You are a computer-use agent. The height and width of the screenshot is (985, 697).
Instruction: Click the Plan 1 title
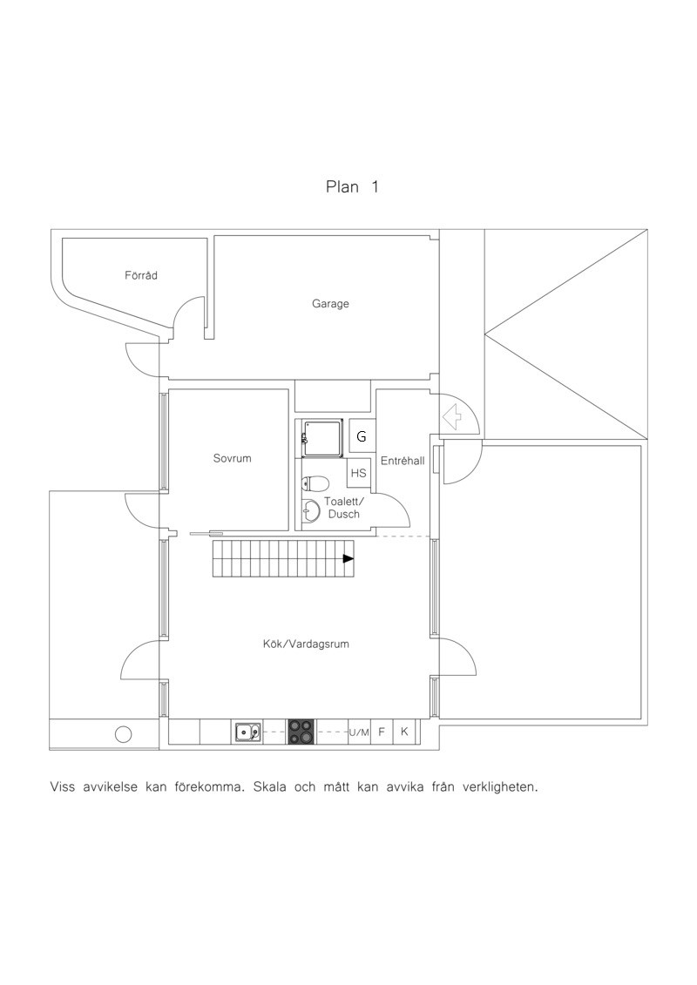[352, 186]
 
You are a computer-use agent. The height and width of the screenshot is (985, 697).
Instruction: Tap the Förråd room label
[141, 275]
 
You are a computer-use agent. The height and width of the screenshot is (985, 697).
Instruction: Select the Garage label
[330, 304]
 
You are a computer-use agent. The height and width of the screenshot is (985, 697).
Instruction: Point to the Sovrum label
[232, 458]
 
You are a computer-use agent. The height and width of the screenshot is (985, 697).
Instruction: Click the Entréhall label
[403, 461]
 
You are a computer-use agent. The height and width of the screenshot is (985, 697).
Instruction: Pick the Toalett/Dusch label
[343, 508]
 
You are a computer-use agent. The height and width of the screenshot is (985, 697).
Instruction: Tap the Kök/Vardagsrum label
[306, 644]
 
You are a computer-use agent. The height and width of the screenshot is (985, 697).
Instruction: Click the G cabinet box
[362, 436]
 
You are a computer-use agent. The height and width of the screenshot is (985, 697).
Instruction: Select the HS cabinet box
[358, 473]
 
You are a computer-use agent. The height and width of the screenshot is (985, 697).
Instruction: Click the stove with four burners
[301, 732]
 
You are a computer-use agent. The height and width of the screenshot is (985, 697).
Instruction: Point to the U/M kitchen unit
[360, 732]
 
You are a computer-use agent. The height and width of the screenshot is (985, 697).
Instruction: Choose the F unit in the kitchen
[382, 732]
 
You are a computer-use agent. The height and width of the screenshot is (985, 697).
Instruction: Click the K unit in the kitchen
[404, 732]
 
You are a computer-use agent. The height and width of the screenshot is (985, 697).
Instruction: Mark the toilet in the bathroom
[315, 483]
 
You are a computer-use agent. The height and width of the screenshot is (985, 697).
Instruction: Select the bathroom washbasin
[311, 510]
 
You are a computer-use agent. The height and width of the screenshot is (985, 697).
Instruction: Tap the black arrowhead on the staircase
[348, 558]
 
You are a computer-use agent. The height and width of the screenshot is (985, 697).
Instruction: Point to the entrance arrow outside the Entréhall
[452, 416]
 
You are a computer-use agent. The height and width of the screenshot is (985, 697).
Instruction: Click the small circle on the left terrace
[123, 733]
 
